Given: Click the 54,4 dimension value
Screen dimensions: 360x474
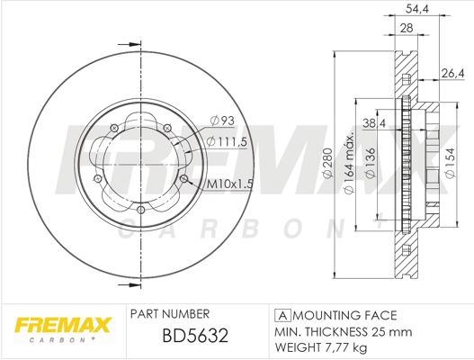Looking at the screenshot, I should click(415, 9).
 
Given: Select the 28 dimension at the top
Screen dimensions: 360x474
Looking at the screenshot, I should click(407, 30).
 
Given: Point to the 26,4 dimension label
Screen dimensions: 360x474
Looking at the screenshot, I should click(452, 73).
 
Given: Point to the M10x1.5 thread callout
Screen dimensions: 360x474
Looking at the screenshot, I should click(230, 184).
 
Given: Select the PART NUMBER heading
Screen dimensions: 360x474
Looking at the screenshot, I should click(170, 314).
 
